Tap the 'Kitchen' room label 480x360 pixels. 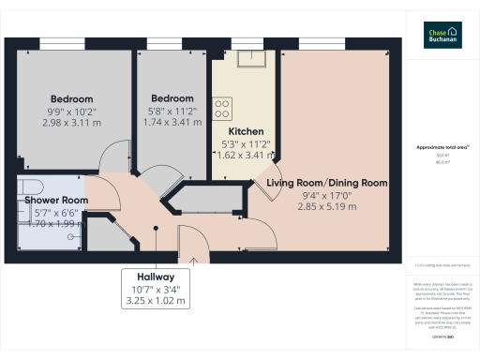pos(245,131)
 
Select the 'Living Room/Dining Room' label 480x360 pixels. pos(326,182)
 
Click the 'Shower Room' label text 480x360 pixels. pos(56,200)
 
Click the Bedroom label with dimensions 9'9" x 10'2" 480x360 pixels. pos(71,98)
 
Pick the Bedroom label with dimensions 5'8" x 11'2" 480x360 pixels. pos(172,98)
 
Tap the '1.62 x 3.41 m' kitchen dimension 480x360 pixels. pos(245,157)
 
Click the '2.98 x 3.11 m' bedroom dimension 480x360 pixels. pos(71,123)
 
